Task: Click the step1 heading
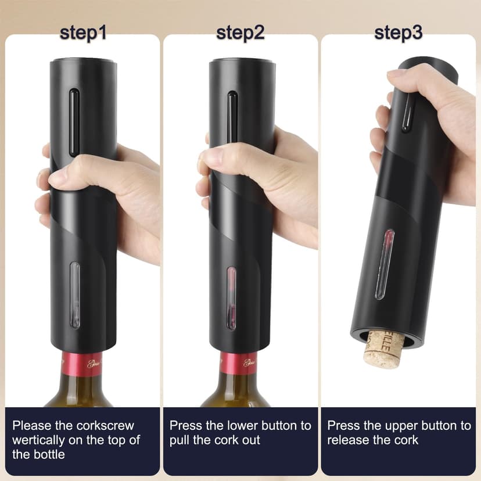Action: pyautogui.click(x=83, y=33)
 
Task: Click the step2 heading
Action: pyautogui.click(x=240, y=33)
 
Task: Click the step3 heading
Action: pyautogui.click(x=398, y=33)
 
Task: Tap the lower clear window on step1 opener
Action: pyautogui.click(x=75, y=295)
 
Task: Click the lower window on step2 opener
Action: pyautogui.click(x=232, y=297)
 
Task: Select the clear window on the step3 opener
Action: pyautogui.click(x=385, y=264)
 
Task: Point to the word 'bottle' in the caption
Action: pyautogui.click(x=48, y=454)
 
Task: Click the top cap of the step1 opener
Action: pyautogui.click(x=83, y=60)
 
